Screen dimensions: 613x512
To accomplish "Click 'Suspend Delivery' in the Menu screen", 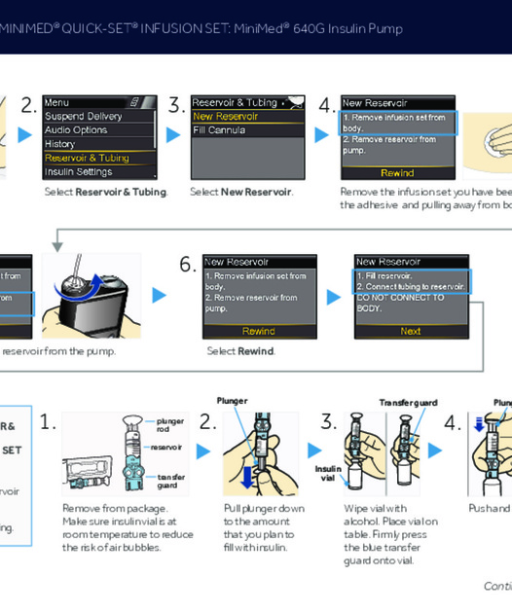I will click(x=84, y=116).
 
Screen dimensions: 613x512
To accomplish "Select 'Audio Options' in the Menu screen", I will click(x=77, y=130).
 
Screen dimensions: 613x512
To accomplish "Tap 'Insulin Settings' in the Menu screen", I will click(x=79, y=172).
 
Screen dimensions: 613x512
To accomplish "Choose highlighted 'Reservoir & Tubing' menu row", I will click(x=87, y=158).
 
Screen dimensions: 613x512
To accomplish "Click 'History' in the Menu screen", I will click(x=60, y=144).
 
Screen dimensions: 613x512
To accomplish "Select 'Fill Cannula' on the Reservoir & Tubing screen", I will click(x=219, y=130).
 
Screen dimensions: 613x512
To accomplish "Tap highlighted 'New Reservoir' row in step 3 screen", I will click(x=226, y=117).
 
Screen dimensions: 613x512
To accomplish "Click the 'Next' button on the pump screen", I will click(x=410, y=331).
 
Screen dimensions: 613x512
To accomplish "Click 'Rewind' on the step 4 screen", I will click(x=397, y=172).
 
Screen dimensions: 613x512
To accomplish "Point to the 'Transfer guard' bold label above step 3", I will click(x=408, y=402).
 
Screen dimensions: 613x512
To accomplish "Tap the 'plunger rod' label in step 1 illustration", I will click(x=169, y=425).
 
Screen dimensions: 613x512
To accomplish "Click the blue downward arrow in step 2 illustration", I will click(x=248, y=476).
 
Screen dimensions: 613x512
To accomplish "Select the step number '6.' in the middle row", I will click(x=187, y=265).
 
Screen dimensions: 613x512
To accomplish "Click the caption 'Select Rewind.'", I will click(x=240, y=351).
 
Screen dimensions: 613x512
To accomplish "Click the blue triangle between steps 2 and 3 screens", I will click(x=173, y=134).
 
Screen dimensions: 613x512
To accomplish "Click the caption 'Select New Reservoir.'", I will click(x=240, y=192).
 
